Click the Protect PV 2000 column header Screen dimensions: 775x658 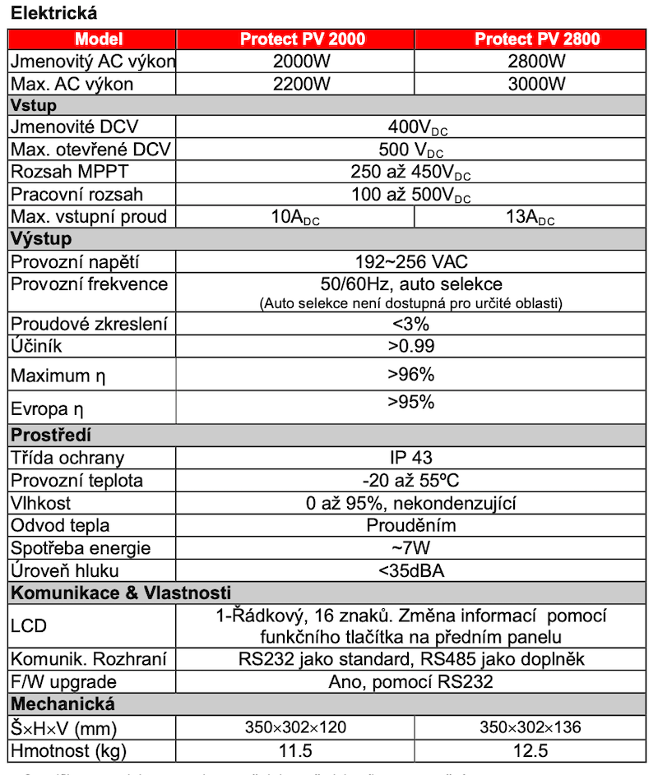302,39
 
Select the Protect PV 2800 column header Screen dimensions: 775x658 537,39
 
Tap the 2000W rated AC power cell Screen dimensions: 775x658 302,62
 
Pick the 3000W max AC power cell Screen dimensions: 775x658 537,84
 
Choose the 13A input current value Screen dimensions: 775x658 530,218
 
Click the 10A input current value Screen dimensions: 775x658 295,218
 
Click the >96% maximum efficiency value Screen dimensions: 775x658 411,375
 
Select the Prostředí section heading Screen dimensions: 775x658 51,435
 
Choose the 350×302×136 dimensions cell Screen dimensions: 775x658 530,727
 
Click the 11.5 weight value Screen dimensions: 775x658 295,750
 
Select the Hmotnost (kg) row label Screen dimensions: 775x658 68,750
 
